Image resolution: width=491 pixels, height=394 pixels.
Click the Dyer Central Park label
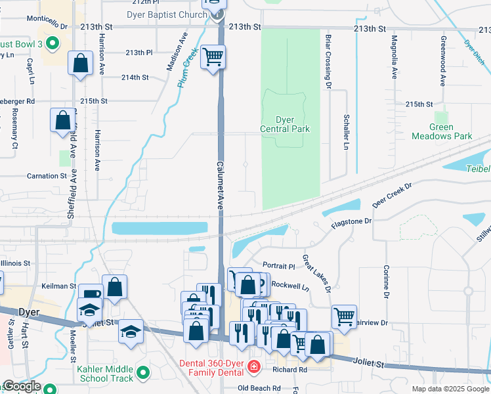(x=284, y=125)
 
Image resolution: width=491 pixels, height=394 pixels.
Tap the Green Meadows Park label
(x=442, y=132)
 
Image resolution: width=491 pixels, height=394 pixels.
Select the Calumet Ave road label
(x=221, y=185)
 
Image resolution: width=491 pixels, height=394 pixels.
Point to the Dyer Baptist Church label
(x=173, y=14)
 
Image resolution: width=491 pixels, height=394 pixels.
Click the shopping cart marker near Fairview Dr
(x=344, y=317)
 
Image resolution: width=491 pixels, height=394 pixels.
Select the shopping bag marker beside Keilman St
(x=114, y=287)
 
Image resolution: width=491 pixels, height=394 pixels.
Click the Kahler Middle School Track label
(x=104, y=373)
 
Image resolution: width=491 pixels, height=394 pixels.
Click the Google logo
(x=21, y=385)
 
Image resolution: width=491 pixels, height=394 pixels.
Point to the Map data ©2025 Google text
(x=450, y=389)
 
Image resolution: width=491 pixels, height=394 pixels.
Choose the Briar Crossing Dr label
(x=326, y=59)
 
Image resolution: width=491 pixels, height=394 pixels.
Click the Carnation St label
(x=47, y=176)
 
